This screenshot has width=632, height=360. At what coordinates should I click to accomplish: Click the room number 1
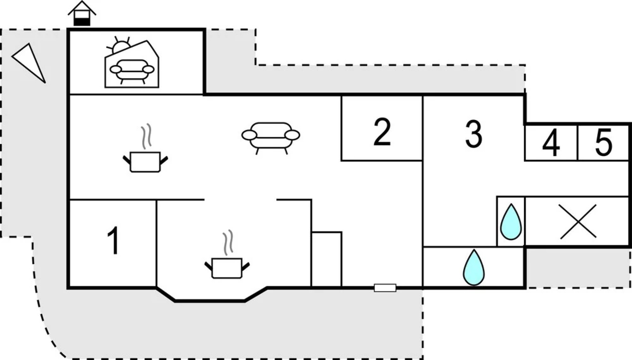coord(113,241)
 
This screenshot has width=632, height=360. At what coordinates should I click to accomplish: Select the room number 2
coord(382,132)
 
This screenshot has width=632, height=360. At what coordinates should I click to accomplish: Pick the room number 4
coord(551,144)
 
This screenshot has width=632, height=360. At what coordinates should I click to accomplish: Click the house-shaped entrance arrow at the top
coord(82,13)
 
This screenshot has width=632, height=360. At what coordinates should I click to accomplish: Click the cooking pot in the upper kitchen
coord(145,162)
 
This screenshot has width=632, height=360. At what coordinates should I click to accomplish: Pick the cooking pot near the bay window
coord(227,268)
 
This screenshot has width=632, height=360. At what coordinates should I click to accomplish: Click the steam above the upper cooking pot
coord(146,136)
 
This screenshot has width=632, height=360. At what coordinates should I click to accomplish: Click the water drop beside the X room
coord(511,222)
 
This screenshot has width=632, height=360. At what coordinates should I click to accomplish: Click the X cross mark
coord(578,222)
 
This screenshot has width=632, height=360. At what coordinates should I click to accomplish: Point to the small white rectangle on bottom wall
coord(385,288)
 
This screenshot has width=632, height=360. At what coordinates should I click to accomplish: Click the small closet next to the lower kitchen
coord(327,259)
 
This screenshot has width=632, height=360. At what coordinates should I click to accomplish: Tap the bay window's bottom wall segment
coord(210,301)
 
